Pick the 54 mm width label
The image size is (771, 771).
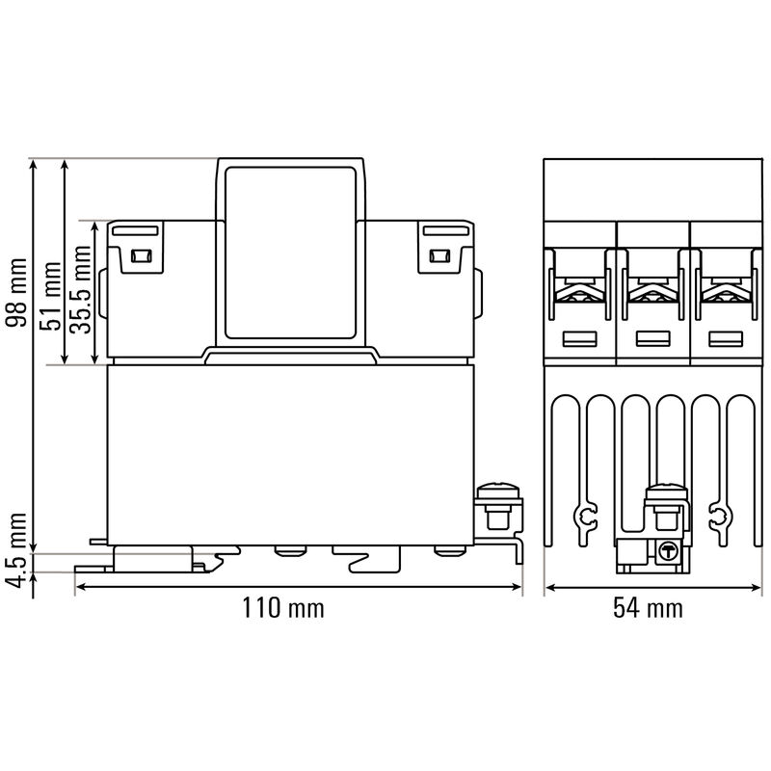pyautogui.click(x=648, y=608)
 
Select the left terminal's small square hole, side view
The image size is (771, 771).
pyautogui.click(x=141, y=256)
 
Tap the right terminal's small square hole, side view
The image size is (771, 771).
pyautogui.click(x=440, y=256)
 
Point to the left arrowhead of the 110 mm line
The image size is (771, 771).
pyautogui.click(x=80, y=586)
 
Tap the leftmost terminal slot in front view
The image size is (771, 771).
pyautogui.click(x=578, y=338)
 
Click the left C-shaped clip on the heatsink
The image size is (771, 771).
pyautogui.click(x=584, y=520)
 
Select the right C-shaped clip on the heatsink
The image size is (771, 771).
pyautogui.click(x=715, y=520)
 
